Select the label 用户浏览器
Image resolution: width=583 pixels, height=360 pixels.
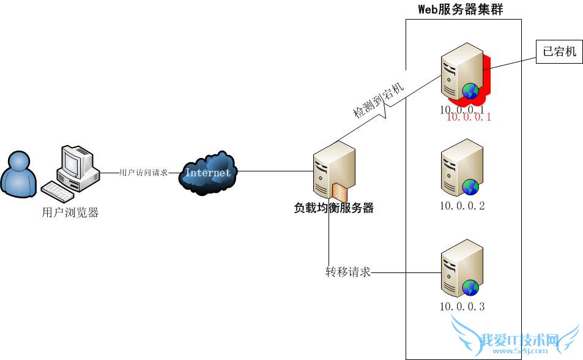click(70, 213)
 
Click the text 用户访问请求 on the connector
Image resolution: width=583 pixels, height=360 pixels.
click(143, 173)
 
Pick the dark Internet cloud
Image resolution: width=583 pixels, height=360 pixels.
click(208, 172)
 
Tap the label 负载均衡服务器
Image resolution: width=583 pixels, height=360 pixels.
click(333, 208)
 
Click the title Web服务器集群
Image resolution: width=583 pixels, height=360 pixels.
click(460, 9)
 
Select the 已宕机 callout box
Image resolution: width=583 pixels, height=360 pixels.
click(560, 51)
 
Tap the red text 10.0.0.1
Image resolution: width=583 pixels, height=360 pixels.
click(469, 117)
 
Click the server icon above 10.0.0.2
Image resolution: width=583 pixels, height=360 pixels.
click(462, 165)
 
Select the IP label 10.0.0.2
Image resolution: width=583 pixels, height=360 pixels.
click(462, 206)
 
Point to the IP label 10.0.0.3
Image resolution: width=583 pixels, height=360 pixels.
click(462, 306)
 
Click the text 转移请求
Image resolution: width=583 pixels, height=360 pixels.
click(348, 272)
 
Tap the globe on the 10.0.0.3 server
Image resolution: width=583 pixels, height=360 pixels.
click(470, 288)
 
